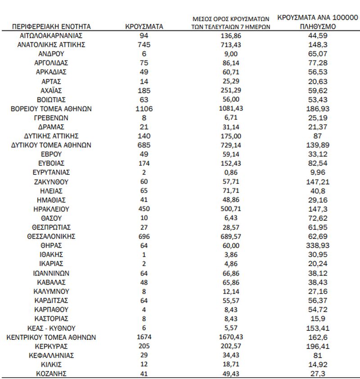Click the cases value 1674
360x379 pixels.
click(x=144, y=337)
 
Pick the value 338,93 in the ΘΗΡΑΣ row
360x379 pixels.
click(x=317, y=245)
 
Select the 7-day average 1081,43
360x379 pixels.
click(x=237, y=109)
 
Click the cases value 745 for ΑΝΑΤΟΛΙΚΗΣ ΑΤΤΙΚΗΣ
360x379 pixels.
click(x=144, y=45)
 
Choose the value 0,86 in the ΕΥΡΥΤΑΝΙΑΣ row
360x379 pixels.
click(x=237, y=173)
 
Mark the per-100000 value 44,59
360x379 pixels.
click(x=317, y=36)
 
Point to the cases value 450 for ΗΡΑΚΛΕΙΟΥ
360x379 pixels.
click(x=144, y=209)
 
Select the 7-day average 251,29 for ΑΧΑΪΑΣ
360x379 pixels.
click(x=237, y=90)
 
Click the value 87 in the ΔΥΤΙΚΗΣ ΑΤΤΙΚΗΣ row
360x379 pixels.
click(x=317, y=136)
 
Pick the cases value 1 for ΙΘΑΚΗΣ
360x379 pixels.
click(x=144, y=254)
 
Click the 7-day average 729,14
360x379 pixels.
click(x=237, y=145)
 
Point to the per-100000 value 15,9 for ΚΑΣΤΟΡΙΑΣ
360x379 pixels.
click(x=317, y=319)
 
